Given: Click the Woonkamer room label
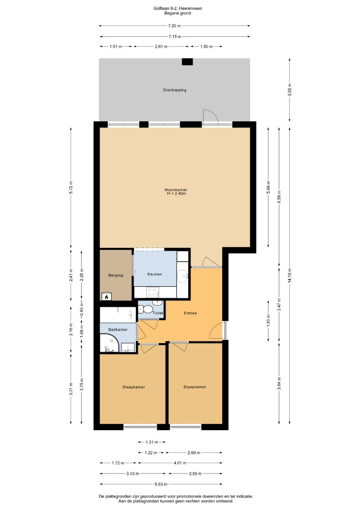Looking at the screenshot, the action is coord(176,190).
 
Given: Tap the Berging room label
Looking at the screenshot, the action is coord(116,275).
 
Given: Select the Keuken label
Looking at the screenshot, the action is coord(154,274).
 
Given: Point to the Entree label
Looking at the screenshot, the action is coord(191,313).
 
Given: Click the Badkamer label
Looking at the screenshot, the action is coord(118,330).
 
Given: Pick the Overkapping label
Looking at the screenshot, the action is coord(175,90).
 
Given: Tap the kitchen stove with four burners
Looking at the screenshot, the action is coord(152,292).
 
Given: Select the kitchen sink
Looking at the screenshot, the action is coord(183,277).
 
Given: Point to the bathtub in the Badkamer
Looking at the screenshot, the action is coord(118,314).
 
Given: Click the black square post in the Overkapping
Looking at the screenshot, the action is coord(187,62).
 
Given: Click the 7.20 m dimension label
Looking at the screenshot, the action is coord(175,25).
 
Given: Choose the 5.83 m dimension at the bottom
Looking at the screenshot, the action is coord(161,484).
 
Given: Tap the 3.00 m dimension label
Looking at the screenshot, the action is coord(290,90).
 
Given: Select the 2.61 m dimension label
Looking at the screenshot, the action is coord(161,46).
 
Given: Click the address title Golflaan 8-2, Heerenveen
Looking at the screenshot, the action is coord(178,8).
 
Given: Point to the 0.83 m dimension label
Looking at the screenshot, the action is coord(82,309).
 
